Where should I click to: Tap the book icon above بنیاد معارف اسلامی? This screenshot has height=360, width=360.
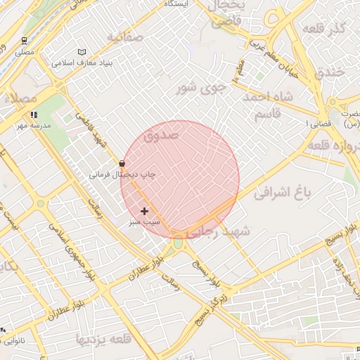82,52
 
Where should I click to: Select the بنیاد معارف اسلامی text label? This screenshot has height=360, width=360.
82,63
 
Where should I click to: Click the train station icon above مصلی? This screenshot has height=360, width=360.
25,41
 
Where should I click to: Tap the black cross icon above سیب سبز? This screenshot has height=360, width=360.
145,211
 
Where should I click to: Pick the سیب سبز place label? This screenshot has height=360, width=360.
144,221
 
